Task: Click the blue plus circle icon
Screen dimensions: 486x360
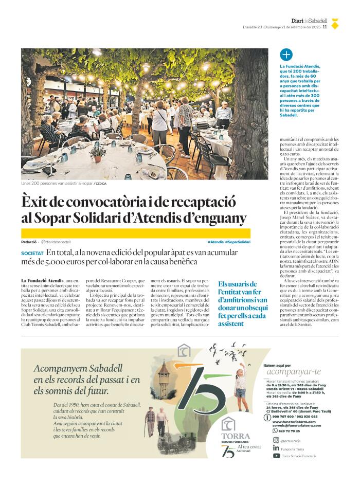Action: click(x=286, y=55)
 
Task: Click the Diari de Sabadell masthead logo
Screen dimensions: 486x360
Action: click(x=309, y=21)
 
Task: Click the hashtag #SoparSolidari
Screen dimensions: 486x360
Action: click(x=238, y=242)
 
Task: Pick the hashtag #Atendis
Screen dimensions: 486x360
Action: click(x=215, y=242)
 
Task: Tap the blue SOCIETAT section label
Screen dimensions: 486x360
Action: click(x=32, y=254)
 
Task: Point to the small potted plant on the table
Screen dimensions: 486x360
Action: click(x=97, y=152)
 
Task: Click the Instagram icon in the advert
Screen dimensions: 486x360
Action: click(x=276, y=441)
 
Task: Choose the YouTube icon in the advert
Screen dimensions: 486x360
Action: click(x=276, y=455)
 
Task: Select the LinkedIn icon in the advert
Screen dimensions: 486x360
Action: click(x=276, y=448)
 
